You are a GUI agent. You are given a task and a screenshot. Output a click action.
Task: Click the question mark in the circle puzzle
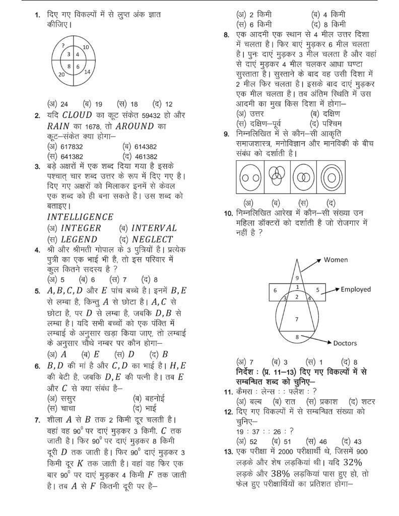pyautogui.click(x=63, y=45)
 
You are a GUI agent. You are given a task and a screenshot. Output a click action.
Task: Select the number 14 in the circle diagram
pyautogui.click(x=87, y=72)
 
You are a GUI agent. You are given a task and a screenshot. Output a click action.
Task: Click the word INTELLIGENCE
pyautogui.click(x=80, y=217)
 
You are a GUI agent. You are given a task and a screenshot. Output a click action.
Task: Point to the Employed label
pyautogui.click(x=355, y=289)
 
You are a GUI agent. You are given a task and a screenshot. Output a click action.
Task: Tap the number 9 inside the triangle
pyautogui.click(x=297, y=278)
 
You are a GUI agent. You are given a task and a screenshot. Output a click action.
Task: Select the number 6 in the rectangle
pyautogui.click(x=275, y=290)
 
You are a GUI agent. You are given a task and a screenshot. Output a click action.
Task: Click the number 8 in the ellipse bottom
pyautogui.click(x=297, y=336)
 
